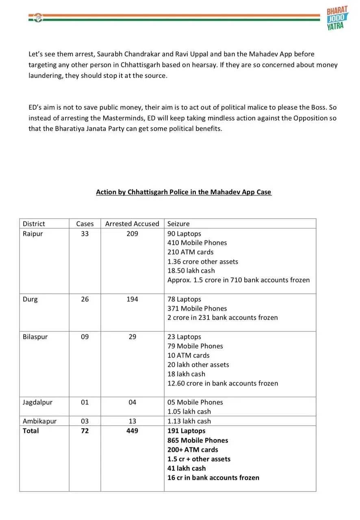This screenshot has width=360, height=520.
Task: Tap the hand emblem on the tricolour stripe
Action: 38,17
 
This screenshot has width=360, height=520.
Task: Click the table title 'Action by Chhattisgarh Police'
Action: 183,192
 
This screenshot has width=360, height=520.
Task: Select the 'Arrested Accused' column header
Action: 132,224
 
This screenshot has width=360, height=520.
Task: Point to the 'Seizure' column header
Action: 178,224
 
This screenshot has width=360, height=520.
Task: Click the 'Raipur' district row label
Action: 33,234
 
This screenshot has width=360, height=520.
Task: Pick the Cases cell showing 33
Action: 85,234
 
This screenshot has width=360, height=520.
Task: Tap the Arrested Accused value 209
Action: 132,234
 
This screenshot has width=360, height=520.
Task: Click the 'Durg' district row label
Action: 30,299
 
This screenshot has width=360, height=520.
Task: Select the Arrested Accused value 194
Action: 132,299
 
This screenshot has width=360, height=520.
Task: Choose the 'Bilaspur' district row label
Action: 35,337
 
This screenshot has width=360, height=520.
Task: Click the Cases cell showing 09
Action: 85,337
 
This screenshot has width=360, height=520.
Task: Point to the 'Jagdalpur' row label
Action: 37,402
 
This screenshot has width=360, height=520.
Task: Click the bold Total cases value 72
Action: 85,431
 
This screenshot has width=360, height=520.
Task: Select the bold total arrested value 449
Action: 132,431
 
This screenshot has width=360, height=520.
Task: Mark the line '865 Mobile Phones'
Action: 197,440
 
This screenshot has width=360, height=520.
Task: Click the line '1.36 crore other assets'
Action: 202,262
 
